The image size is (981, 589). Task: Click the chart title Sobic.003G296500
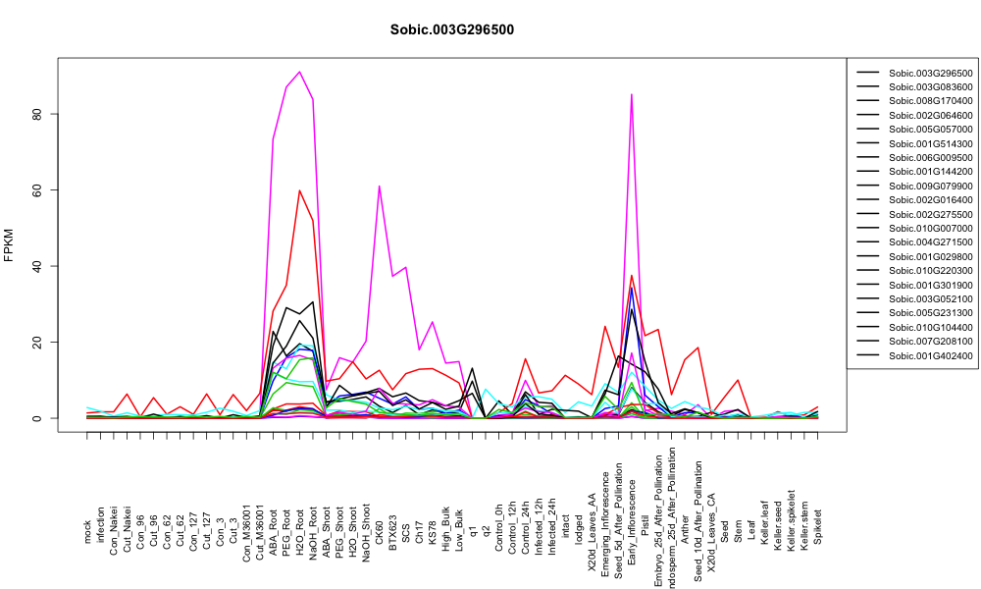(x=451, y=29)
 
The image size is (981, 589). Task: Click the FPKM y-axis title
(x=9, y=245)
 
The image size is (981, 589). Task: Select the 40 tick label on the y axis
(x=38, y=266)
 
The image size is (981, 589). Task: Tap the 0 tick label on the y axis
(x=38, y=418)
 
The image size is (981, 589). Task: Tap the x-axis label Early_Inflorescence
(x=633, y=506)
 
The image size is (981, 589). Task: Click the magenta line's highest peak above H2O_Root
(x=300, y=72)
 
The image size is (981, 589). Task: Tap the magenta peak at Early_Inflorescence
(x=632, y=94)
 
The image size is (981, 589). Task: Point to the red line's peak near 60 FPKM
(x=300, y=190)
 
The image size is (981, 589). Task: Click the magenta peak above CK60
(x=379, y=186)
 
